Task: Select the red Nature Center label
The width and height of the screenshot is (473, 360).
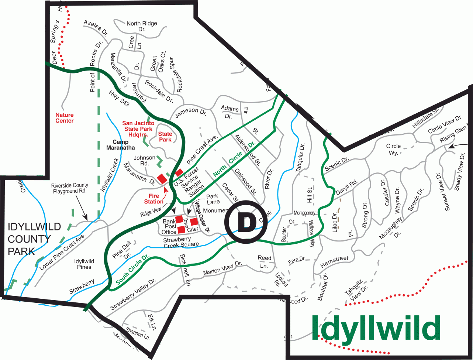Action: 65,118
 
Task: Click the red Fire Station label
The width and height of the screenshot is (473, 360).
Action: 154,199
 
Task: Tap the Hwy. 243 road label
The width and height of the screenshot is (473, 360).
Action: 119,99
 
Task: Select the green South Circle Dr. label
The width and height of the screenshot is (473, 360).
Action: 132,269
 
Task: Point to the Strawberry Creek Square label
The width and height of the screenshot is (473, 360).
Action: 181,242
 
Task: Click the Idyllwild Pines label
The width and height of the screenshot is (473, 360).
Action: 84,264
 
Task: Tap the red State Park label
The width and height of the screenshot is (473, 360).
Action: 165,137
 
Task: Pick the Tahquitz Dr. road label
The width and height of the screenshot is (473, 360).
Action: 300,156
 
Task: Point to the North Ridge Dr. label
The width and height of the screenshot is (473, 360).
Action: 142,26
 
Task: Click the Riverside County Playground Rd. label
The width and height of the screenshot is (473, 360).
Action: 70,188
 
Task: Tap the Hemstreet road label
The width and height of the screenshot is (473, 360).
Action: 334,262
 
